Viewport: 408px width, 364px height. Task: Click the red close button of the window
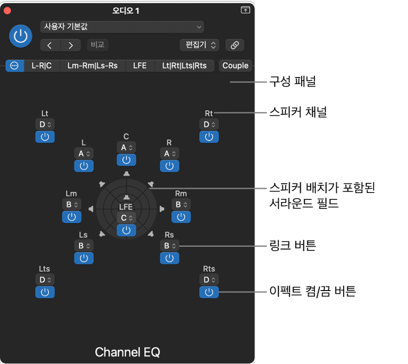(x=7, y=10)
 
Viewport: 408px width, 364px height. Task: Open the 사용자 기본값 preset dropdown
(x=122, y=27)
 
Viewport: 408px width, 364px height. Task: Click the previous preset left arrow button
(x=50, y=46)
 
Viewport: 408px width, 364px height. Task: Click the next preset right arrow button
(x=71, y=46)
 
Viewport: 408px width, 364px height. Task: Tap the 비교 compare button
(x=98, y=45)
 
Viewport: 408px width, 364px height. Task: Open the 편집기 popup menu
(x=199, y=45)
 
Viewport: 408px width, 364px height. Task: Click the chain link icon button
(x=235, y=45)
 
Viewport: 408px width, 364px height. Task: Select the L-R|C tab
(x=42, y=66)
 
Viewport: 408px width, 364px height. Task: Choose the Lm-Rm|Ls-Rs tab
(x=92, y=66)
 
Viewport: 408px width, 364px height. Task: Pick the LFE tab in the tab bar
(x=140, y=66)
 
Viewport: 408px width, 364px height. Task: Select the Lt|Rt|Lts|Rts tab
(x=184, y=66)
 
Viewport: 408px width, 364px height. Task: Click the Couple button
(x=235, y=66)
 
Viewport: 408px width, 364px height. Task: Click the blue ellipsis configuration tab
(x=15, y=66)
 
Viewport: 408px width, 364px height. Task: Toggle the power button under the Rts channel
(x=209, y=292)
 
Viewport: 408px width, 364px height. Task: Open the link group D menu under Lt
(x=45, y=125)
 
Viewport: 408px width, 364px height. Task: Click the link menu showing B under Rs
(x=169, y=246)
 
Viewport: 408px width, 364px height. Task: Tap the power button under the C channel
(x=126, y=160)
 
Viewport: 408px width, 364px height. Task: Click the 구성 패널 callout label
(x=293, y=82)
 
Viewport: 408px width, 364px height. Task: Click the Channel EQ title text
(x=127, y=352)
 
